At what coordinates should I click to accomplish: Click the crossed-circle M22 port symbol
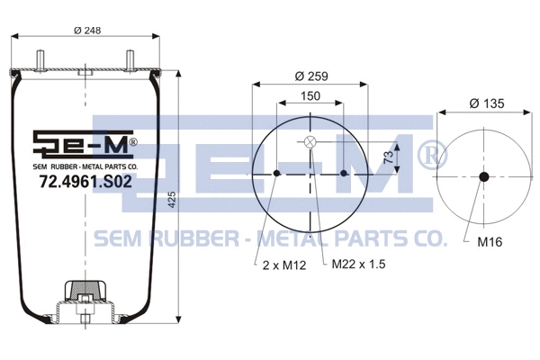(310, 141)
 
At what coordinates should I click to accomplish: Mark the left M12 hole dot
(277, 174)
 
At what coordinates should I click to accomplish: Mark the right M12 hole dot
(345, 174)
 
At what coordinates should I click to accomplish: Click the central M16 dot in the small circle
(484, 176)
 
